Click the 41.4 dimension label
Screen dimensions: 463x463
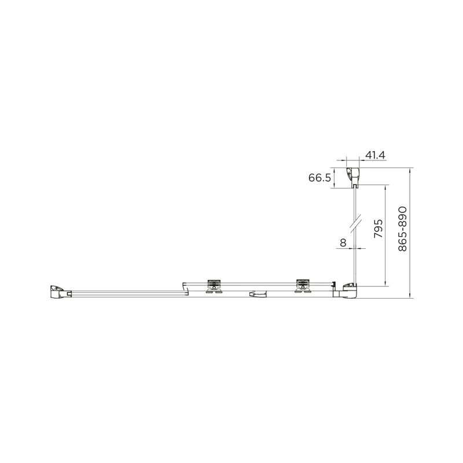click(375, 155)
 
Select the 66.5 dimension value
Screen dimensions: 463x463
click(320, 178)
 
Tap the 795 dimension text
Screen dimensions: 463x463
click(379, 229)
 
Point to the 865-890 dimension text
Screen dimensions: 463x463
click(402, 229)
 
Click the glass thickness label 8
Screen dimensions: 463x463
click(343, 242)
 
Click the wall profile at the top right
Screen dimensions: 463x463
click(353, 178)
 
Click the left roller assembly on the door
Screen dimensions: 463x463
click(214, 286)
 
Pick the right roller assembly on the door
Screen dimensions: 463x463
click(302, 286)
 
